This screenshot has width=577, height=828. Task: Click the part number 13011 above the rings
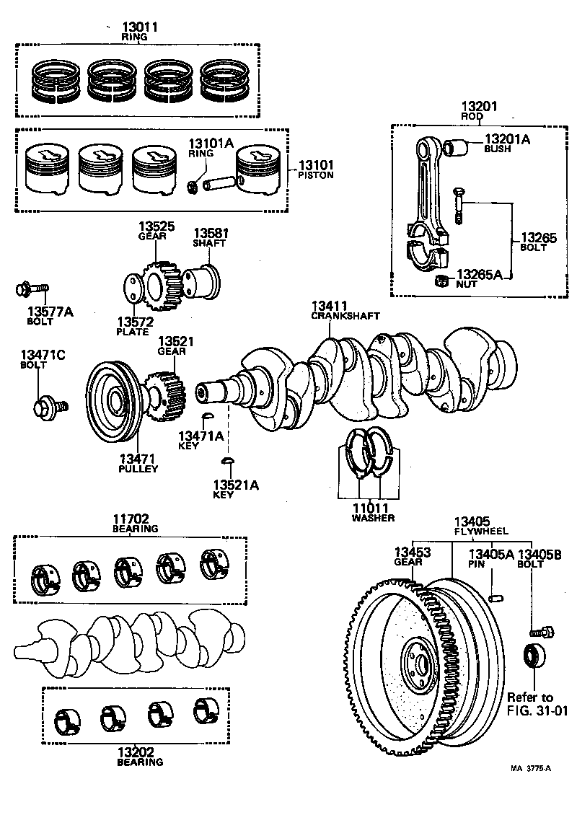134,27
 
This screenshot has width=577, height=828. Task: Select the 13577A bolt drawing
32,291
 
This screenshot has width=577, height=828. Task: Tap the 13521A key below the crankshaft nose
228,460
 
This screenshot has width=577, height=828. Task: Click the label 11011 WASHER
371,512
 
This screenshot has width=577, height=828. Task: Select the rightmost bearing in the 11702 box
213,565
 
